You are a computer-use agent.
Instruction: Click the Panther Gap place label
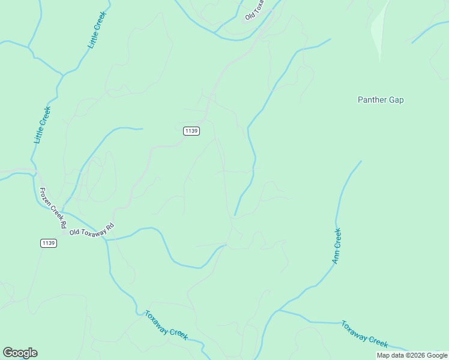tap(381, 100)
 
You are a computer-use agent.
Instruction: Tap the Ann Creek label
tap(337, 246)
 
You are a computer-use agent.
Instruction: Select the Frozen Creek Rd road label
tap(52, 208)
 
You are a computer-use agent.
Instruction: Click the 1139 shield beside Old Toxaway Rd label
tap(49, 243)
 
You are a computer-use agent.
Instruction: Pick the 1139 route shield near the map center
tap(191, 131)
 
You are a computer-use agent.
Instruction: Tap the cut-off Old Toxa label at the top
tap(255, 10)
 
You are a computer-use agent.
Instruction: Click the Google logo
tap(20, 353)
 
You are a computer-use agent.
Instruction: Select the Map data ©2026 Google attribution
tap(412, 355)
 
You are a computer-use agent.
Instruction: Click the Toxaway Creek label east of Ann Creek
tap(364, 333)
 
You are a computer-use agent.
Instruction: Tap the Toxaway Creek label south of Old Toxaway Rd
tap(166, 324)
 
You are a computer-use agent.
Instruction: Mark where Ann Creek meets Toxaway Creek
tap(279, 311)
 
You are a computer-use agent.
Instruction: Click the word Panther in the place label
tap(372, 100)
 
